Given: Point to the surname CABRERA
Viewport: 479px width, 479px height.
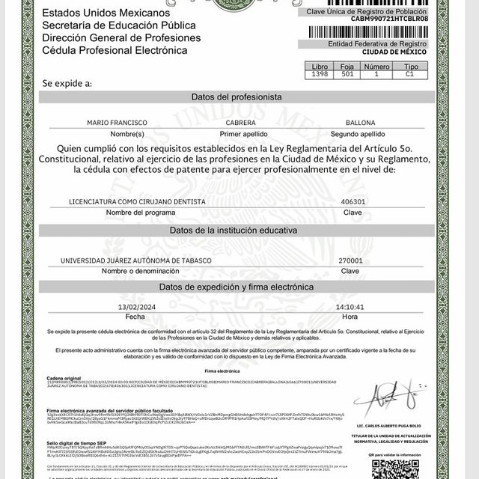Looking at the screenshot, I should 241,122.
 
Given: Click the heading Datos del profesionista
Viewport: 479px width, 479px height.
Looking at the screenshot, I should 237,98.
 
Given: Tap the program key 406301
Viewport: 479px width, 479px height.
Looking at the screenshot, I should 353,202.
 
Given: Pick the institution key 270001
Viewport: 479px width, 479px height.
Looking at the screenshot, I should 350,260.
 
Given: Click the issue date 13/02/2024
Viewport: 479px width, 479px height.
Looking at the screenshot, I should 135,307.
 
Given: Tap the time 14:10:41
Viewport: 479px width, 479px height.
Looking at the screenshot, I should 350,307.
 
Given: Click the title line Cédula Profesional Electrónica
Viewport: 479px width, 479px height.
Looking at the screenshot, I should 115,50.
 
